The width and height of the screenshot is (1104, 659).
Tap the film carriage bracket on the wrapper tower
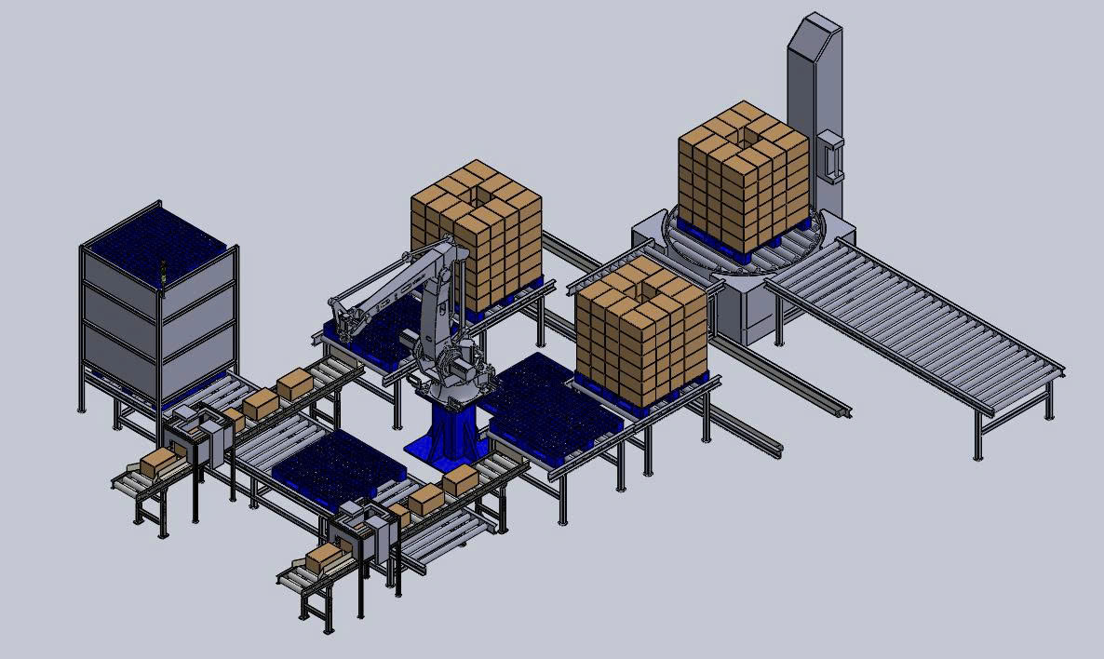(830, 156)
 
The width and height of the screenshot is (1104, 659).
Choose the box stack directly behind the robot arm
(478, 233)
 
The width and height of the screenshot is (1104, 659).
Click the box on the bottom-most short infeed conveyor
(321, 558)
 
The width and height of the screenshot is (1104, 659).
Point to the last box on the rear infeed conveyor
(294, 383)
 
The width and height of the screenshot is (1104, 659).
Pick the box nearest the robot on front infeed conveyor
(460, 480)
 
